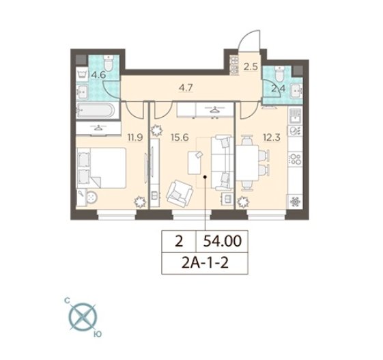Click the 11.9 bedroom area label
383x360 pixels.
(x=134, y=137)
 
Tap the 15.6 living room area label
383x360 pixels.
(x=180, y=137)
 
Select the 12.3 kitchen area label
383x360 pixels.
(x=271, y=137)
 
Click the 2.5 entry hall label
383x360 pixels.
(x=251, y=67)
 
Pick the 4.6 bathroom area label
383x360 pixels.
(x=98, y=74)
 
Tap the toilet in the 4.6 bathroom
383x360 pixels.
(x=108, y=63)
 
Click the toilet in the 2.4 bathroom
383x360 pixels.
(x=279, y=73)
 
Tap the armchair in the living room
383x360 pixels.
(x=180, y=192)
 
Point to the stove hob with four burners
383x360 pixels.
(x=296, y=158)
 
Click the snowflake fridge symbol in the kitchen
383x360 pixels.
(x=296, y=202)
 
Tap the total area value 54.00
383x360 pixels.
(x=222, y=241)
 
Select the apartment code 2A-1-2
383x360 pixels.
(x=205, y=263)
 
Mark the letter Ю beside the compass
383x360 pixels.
(x=98, y=334)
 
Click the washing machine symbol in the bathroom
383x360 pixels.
(x=82, y=73)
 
